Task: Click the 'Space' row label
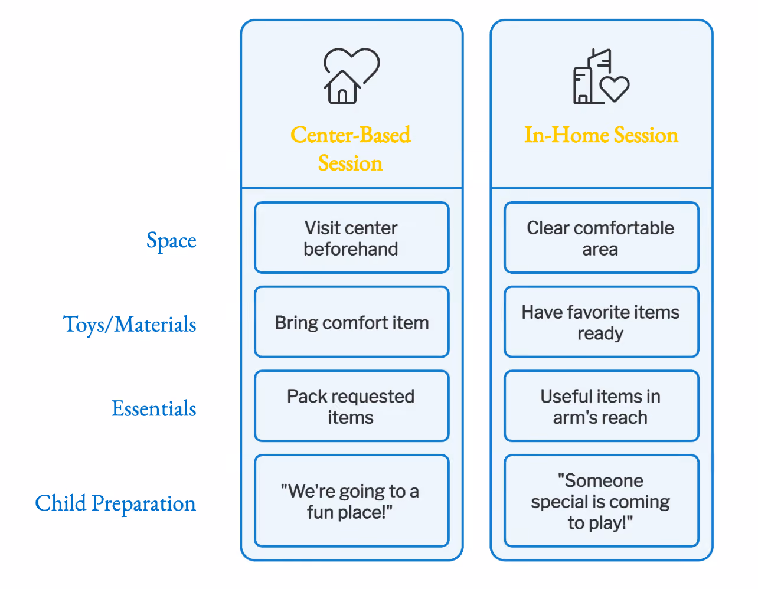pos(171,241)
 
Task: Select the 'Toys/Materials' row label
pos(129,325)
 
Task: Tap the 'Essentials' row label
pos(153,408)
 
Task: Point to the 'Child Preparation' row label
pos(116,503)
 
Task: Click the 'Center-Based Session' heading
pos(351,149)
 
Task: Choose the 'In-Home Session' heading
pos(601,135)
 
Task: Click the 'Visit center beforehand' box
pos(351,237)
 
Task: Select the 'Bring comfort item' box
pos(351,322)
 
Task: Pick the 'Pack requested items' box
pos(351,406)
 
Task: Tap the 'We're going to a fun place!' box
pos(351,501)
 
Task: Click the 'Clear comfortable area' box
pos(602,237)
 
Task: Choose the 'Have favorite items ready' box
pos(602,322)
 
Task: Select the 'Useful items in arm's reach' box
pos(602,406)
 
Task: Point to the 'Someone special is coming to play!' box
pos(602,501)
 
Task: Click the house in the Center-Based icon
pos(342,87)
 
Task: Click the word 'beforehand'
pos(351,249)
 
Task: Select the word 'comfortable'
pos(624,228)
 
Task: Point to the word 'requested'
pos(373,397)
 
